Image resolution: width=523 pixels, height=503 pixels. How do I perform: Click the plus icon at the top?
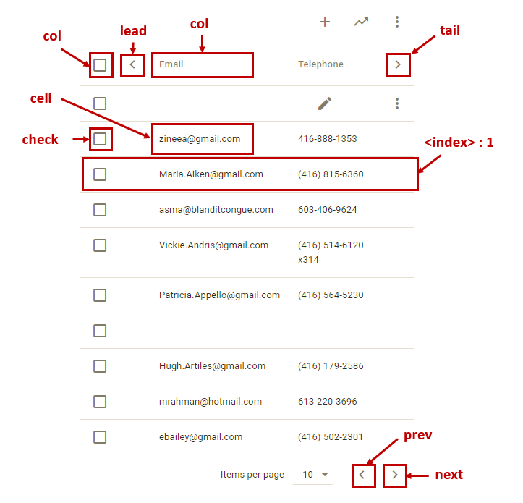[325, 22]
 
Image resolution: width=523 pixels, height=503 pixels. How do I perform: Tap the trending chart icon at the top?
[361, 22]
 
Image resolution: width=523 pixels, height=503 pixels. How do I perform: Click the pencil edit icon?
[325, 103]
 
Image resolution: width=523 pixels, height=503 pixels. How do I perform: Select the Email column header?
[171, 64]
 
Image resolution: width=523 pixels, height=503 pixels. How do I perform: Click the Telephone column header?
[320, 64]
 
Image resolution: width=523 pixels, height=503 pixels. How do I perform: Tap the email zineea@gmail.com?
[200, 139]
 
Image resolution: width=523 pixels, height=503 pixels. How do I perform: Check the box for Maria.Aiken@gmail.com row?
[100, 174]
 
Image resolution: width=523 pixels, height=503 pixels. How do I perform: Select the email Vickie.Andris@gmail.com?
[213, 245]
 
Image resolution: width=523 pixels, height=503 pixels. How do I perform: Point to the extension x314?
[308, 260]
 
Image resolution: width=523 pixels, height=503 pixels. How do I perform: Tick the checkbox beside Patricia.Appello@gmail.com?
[100, 295]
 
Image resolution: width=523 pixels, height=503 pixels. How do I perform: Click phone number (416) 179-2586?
[331, 366]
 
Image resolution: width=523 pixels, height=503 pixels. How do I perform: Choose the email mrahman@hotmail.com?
[211, 402]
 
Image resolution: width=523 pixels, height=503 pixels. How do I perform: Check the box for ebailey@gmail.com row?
[100, 437]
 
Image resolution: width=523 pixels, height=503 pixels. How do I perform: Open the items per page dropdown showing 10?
[315, 475]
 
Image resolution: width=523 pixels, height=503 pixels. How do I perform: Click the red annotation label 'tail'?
[450, 30]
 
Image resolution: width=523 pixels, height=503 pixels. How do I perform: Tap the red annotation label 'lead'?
[133, 30]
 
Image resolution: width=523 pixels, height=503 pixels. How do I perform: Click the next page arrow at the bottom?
[394, 475]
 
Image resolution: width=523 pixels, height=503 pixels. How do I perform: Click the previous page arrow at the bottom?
[364, 475]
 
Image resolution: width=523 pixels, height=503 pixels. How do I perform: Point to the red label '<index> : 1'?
[459, 143]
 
